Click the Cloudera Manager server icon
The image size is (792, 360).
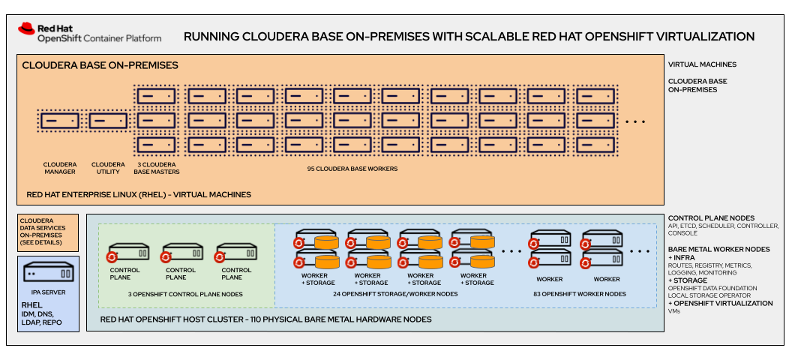(60, 121)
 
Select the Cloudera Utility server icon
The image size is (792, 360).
(108, 121)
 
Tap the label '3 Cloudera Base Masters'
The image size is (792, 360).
(156, 169)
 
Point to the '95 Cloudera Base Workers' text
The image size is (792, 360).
(352, 169)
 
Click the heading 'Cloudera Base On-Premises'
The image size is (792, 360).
(100, 65)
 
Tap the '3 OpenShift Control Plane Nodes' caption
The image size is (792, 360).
(186, 294)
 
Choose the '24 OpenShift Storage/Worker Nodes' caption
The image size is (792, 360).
(395, 294)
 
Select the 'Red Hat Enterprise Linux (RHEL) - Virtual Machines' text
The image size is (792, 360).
(139, 194)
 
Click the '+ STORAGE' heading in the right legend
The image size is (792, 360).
(688, 280)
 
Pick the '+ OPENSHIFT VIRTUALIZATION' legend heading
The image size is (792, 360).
(720, 303)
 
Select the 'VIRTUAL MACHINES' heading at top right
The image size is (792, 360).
(702, 64)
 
